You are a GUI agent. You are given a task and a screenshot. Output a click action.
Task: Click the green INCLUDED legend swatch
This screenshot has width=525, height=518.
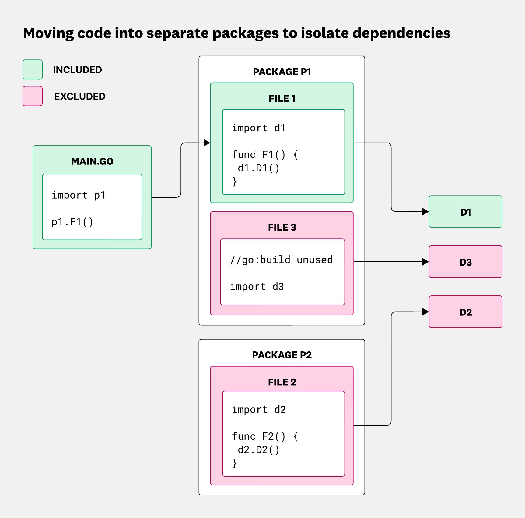[33, 69]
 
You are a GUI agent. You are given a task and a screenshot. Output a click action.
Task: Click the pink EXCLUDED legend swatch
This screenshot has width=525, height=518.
[33, 96]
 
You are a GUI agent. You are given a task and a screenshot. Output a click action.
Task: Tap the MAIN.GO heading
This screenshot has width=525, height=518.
[92, 161]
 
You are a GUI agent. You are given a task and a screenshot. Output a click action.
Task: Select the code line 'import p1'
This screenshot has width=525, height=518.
[79, 195]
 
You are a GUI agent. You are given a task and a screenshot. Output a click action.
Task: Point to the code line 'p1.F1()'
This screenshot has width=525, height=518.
[72, 222]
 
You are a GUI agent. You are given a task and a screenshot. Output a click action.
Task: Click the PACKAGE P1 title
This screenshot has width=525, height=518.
[282, 72]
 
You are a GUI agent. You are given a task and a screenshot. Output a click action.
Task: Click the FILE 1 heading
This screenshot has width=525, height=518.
[282, 99]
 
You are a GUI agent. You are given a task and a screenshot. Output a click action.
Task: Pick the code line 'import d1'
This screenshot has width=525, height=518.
[259, 128]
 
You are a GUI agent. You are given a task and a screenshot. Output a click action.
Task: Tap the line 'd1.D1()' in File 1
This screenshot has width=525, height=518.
[258, 168]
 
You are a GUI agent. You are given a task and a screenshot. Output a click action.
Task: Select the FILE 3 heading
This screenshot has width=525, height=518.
[282, 227]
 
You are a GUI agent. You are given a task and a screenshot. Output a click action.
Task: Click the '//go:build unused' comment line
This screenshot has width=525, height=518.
[282, 260]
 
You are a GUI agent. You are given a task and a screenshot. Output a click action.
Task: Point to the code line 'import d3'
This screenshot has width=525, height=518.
[257, 287]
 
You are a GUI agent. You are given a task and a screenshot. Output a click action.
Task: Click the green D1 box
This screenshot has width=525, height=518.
[465, 212]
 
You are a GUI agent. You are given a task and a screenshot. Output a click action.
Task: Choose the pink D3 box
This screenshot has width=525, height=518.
[465, 262]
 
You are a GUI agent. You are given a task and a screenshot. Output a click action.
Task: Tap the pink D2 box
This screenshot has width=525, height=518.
[465, 312]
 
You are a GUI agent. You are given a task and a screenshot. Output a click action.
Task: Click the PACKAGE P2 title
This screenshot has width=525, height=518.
[282, 355]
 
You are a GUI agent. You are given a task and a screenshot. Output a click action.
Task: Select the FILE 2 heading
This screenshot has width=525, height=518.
[282, 382]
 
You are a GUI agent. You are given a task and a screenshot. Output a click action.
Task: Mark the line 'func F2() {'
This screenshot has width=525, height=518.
[265, 436]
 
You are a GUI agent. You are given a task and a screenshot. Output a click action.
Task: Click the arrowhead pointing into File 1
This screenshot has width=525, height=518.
[207, 143]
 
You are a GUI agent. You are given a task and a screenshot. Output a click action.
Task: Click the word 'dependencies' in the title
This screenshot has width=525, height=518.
[401, 33]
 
